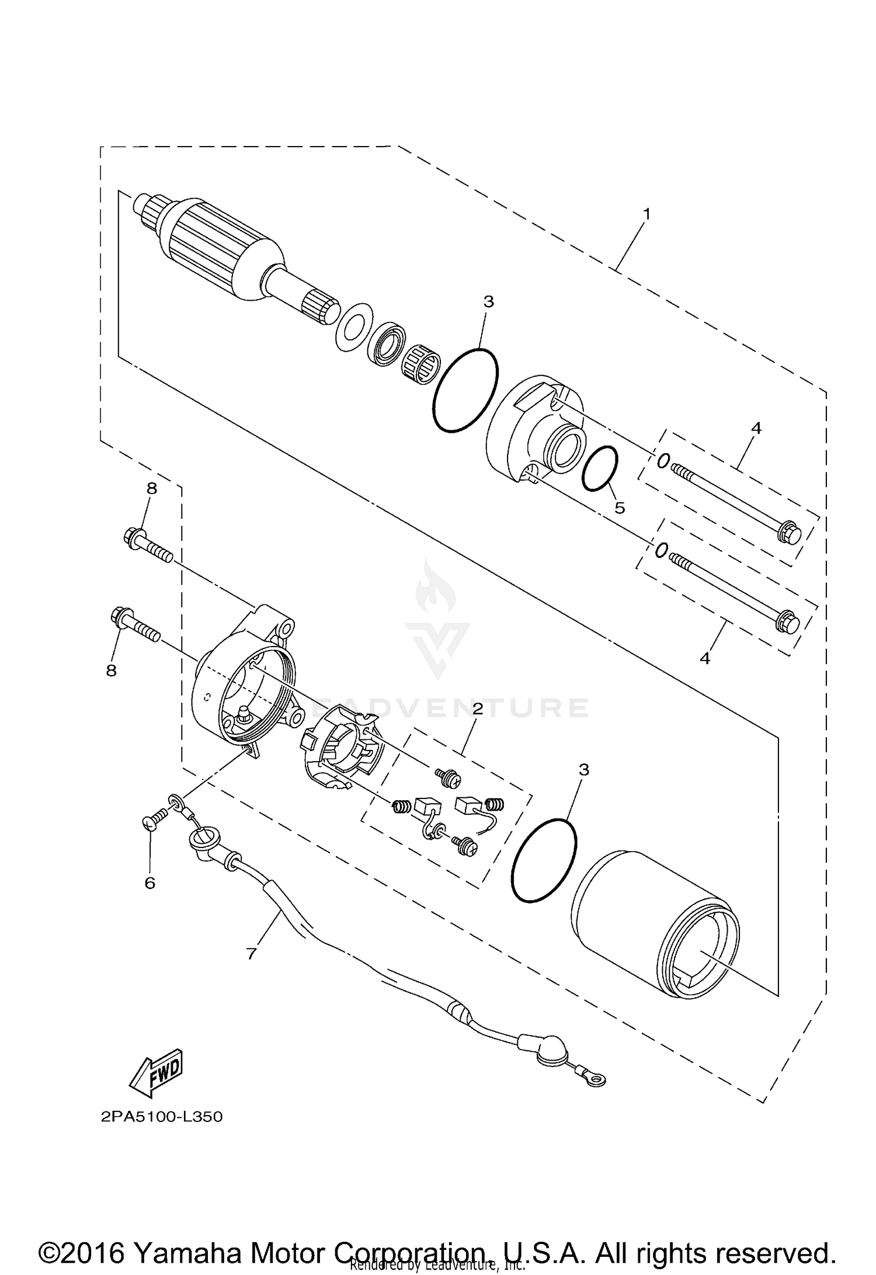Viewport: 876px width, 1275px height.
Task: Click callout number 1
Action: [x=646, y=214]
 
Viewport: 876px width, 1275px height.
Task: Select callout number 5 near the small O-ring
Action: [x=620, y=508]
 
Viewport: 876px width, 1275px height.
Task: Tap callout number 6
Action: [x=150, y=883]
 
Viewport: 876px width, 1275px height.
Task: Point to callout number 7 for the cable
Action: [x=252, y=954]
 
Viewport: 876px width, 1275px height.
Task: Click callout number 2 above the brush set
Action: [x=478, y=709]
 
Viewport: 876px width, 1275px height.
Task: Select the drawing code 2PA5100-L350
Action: [x=162, y=1117]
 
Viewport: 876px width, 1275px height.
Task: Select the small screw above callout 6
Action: [x=150, y=823]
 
